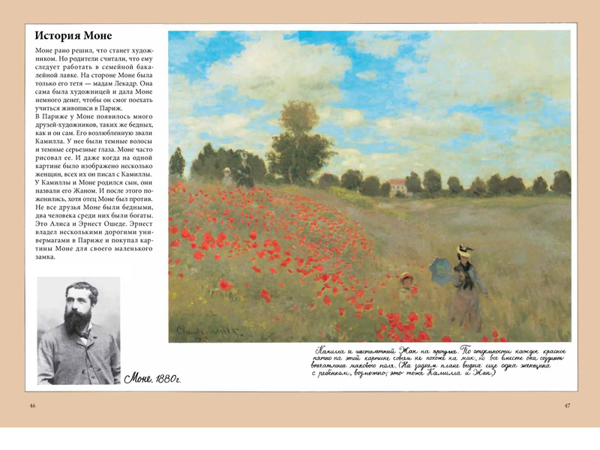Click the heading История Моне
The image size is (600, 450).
tap(73, 35)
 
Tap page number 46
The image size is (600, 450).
tap(32, 406)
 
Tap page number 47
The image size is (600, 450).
tap(568, 406)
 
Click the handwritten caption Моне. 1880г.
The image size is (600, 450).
tap(153, 377)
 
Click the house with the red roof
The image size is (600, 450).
tap(397, 186)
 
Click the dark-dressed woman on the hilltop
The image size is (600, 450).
tap(244, 170)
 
